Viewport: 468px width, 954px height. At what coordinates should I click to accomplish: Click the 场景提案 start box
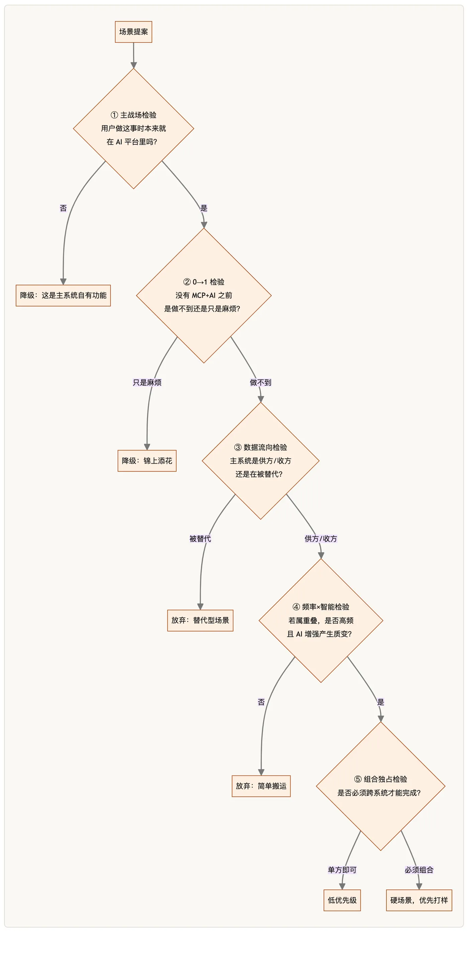click(x=133, y=32)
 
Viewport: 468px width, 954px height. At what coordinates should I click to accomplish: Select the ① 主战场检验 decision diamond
click(x=133, y=129)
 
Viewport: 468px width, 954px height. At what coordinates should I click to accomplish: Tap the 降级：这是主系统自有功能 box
click(x=63, y=295)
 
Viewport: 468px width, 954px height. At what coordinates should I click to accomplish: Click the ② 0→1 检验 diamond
click(x=204, y=295)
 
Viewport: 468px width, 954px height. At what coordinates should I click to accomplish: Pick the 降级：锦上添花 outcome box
click(x=147, y=461)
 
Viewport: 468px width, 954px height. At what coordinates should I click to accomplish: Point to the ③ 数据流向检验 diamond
click(x=260, y=461)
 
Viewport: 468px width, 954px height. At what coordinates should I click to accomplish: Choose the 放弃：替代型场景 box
click(x=200, y=620)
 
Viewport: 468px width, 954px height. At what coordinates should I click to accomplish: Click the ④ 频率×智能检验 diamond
click(x=321, y=620)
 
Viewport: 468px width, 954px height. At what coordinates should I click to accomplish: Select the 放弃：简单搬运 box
click(x=261, y=786)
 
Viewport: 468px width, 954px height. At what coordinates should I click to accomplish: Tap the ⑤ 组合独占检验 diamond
click(x=380, y=786)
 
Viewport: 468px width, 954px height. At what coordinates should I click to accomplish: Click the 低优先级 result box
click(x=342, y=900)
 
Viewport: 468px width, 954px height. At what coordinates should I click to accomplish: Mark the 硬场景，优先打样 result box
click(x=419, y=900)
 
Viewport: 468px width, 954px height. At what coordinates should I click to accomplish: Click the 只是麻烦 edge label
click(x=147, y=383)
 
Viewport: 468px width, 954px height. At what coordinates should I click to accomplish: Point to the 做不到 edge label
click(x=260, y=383)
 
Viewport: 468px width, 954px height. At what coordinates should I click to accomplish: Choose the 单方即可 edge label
click(x=342, y=870)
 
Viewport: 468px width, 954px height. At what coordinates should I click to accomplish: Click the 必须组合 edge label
click(x=419, y=870)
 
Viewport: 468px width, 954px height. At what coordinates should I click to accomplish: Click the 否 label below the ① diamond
click(x=64, y=208)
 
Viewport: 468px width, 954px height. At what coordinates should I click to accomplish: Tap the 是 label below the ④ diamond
click(x=380, y=702)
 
